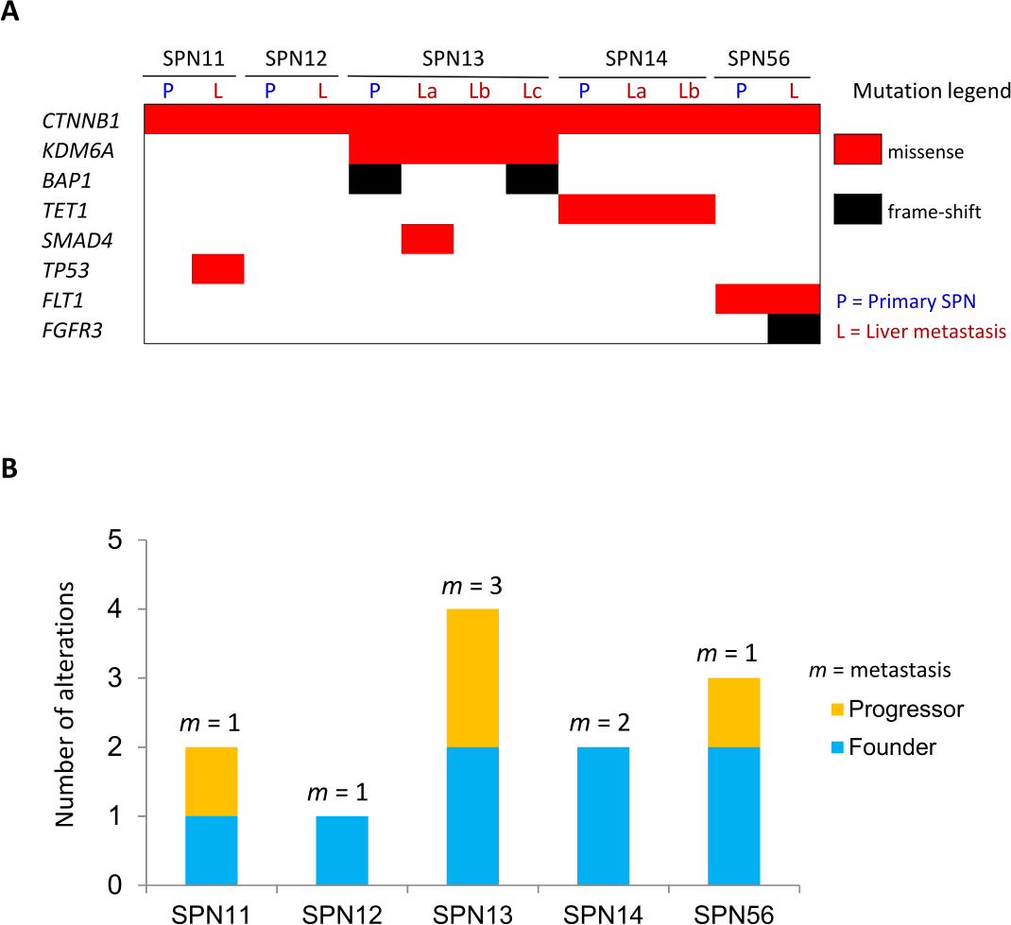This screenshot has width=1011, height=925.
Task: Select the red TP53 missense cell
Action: pos(217,268)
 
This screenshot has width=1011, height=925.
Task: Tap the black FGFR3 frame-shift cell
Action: pos(793,329)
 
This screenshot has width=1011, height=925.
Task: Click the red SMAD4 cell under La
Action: pos(427,238)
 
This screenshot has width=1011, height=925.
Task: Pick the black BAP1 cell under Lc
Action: pos(532,179)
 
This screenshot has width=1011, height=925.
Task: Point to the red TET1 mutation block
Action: pos(636,209)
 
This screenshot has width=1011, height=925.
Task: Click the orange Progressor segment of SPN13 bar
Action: pos(472,677)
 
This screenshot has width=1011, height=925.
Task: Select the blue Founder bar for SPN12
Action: pos(342,850)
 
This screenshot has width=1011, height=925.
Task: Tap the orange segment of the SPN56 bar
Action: pos(733,711)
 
